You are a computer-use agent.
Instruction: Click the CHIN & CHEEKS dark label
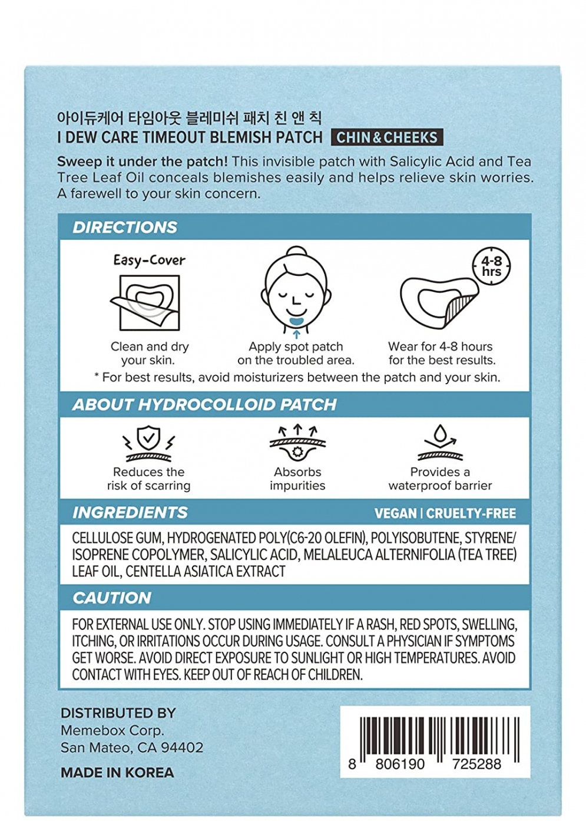(387, 137)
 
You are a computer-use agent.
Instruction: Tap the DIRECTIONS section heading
(125, 227)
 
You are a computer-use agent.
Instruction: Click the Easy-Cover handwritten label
(149, 260)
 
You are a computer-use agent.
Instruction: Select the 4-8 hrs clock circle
(492, 266)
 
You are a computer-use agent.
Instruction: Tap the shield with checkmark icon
(148, 439)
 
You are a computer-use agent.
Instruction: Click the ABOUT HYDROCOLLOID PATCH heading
(204, 405)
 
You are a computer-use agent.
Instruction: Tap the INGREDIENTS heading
(130, 513)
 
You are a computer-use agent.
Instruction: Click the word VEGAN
(395, 513)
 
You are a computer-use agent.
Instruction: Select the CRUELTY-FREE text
(471, 513)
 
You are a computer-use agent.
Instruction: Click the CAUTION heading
(112, 598)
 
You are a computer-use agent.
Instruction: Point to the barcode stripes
(439, 737)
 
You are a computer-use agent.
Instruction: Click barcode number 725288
(476, 764)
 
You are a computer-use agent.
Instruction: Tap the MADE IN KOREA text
(117, 773)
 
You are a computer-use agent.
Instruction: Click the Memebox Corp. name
(112, 730)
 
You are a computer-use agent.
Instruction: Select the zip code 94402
(182, 748)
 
